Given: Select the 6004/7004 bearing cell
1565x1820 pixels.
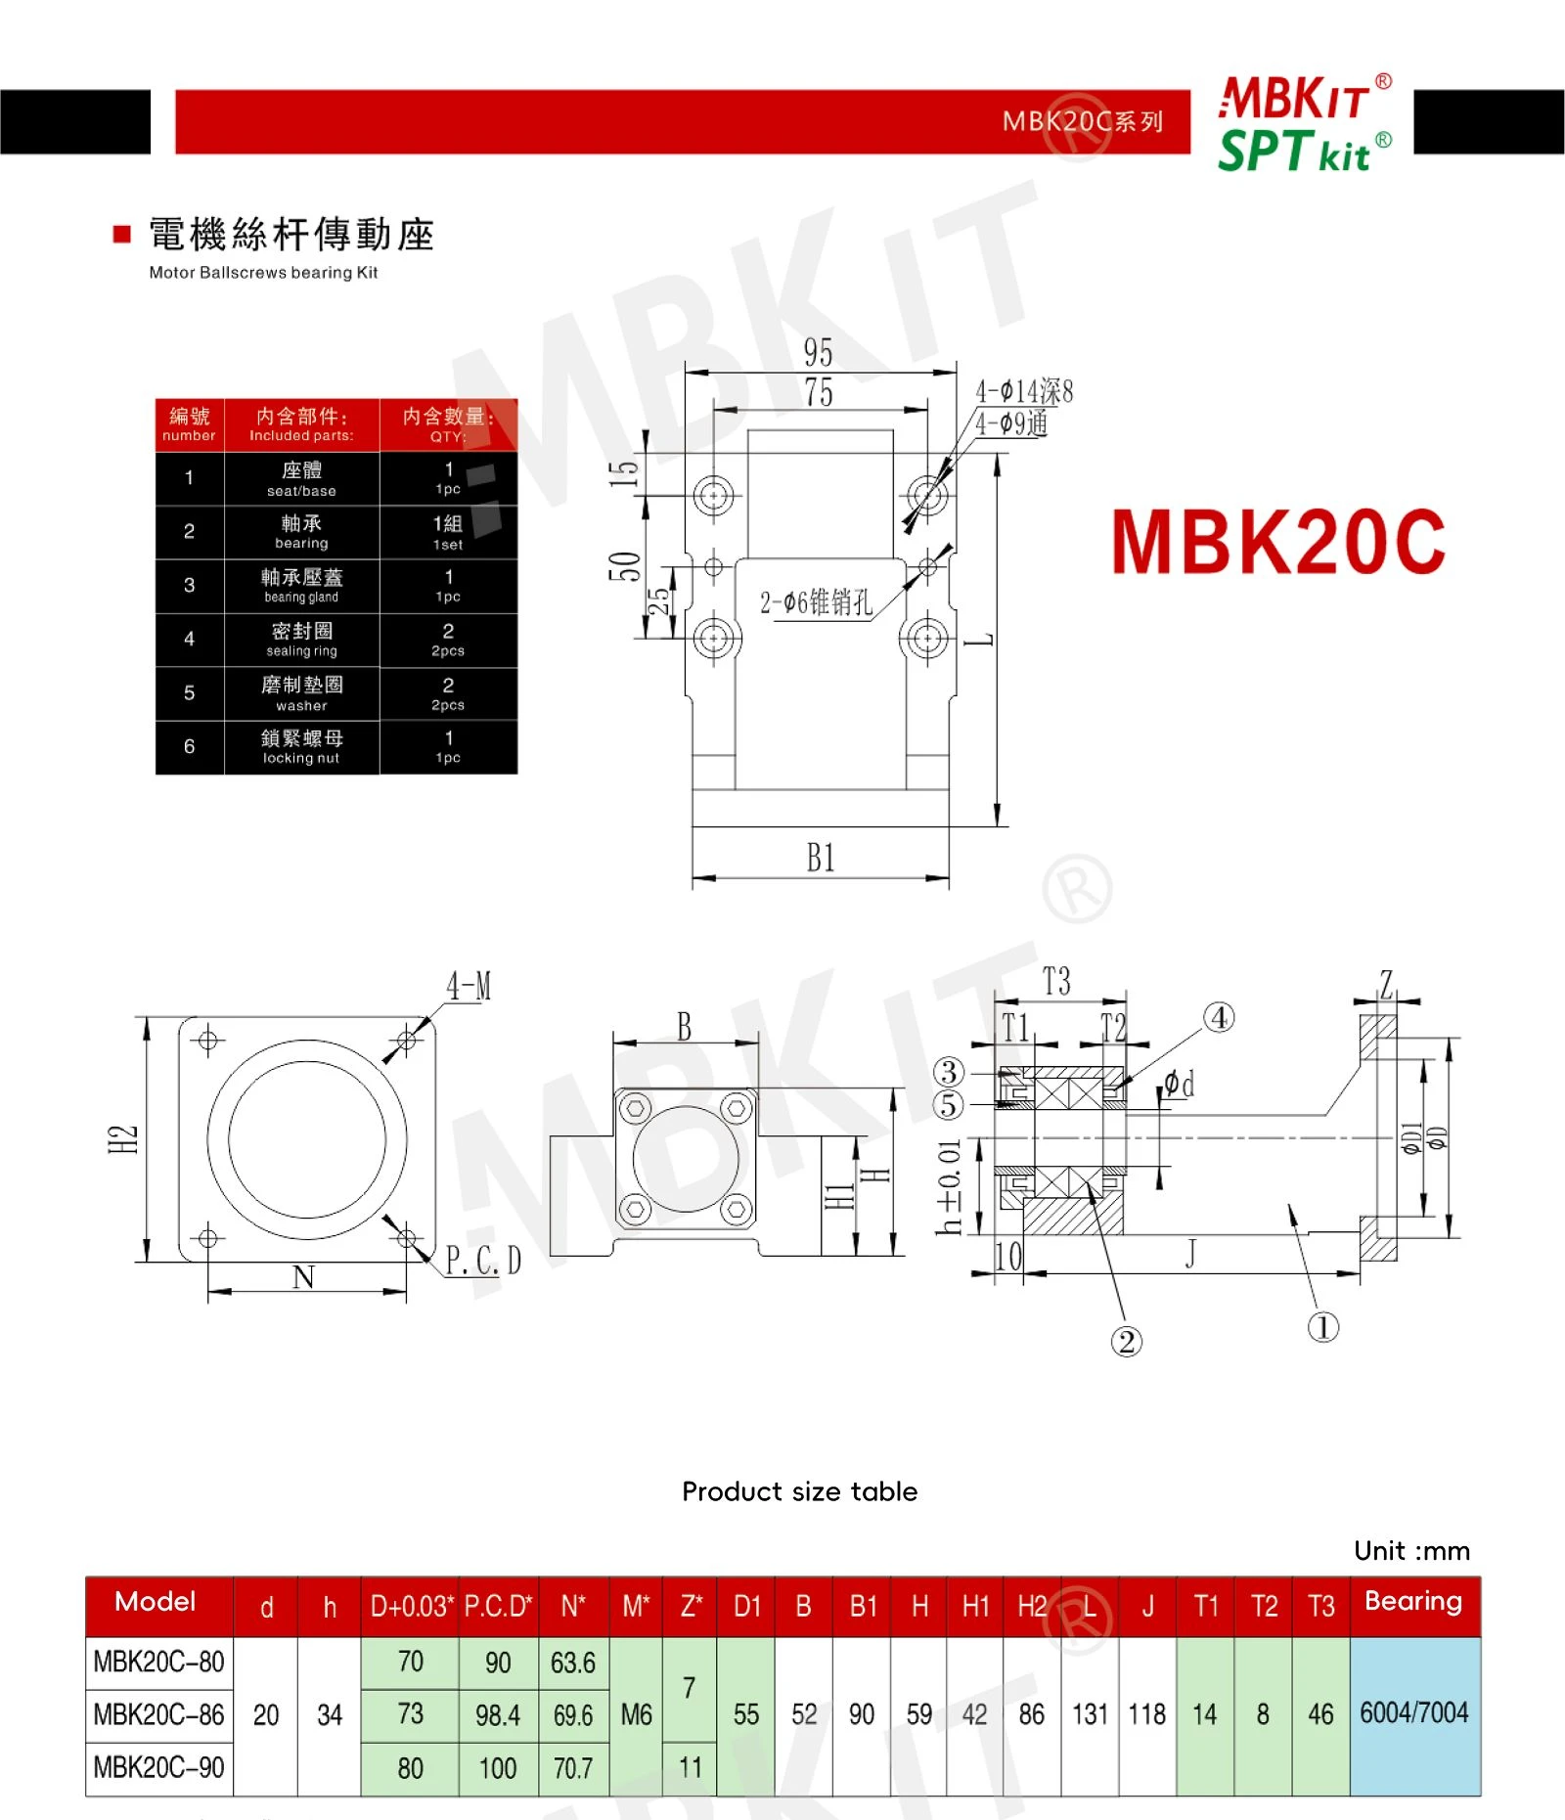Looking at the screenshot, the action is point(1414,1712).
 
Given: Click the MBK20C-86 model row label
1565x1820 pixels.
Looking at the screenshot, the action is point(159,1714).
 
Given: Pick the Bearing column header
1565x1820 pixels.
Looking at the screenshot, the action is point(1413,1601).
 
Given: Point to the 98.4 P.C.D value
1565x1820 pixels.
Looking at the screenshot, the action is point(498,1714).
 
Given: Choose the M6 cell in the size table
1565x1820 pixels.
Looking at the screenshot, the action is point(637,1714).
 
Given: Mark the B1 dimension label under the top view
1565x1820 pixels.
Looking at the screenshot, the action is point(821,858).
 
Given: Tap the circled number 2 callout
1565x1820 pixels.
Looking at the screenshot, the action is point(1126,1341).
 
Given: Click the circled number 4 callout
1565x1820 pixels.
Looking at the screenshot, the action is point(1219,1017).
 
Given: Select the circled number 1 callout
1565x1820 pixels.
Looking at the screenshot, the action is point(1323,1327).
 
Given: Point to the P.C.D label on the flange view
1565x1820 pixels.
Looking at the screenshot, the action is point(483,1261).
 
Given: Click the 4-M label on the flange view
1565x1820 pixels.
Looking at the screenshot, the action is point(469,986).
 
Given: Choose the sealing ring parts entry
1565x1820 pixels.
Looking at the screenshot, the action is point(301,640).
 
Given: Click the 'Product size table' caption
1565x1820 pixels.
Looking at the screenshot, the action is point(800,1491).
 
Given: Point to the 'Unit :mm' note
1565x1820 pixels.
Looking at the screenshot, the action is point(1412,1551).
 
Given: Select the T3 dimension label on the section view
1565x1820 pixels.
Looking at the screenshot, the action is point(1056,981).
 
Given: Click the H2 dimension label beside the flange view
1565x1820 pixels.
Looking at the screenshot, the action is point(123,1139).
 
